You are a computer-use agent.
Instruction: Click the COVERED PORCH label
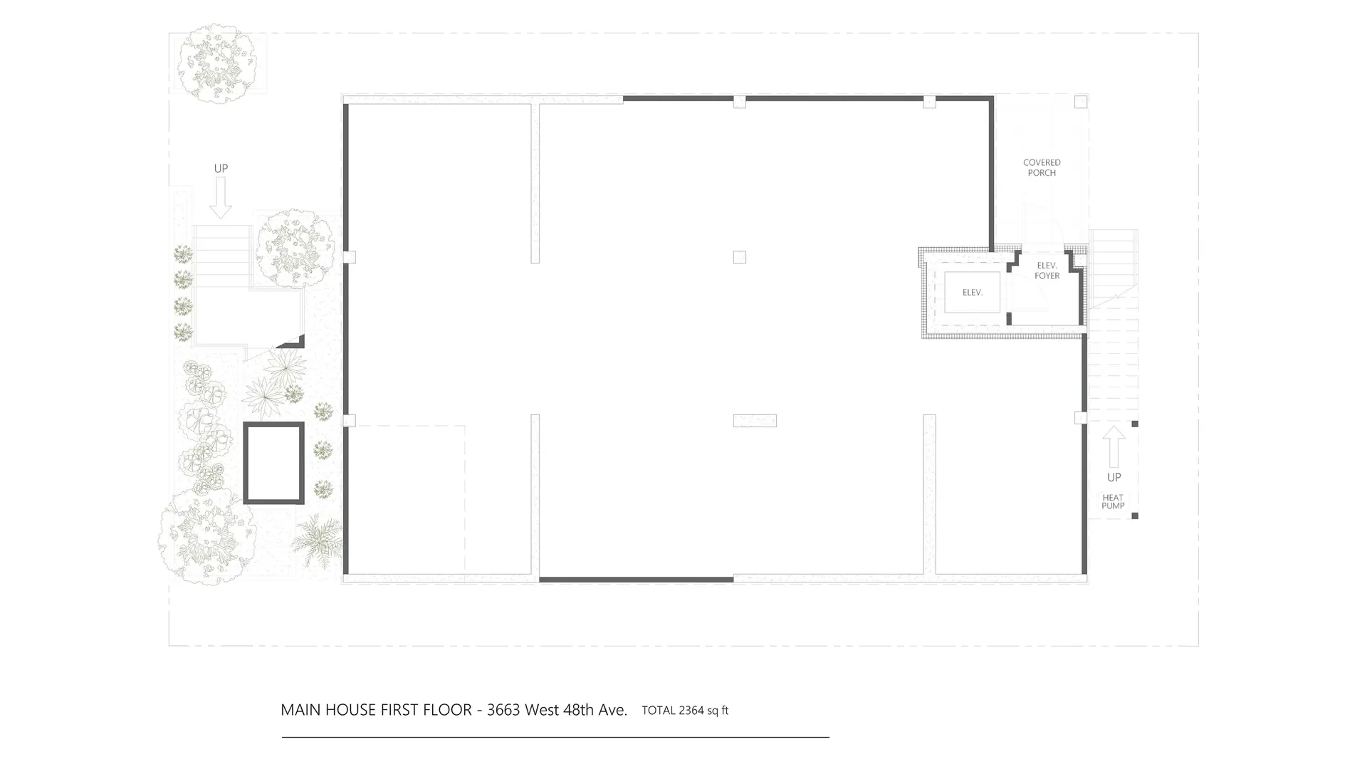click(x=1042, y=168)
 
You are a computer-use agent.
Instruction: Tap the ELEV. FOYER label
click(x=1047, y=271)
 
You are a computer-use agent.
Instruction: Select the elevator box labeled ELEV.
click(x=972, y=292)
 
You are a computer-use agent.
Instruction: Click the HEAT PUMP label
click(x=1113, y=502)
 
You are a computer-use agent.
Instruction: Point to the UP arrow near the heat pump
click(x=1114, y=446)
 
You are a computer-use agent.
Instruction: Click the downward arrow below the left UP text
click(x=221, y=197)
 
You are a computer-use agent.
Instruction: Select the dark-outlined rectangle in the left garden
click(x=274, y=463)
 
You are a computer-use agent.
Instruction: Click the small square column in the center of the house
click(x=739, y=257)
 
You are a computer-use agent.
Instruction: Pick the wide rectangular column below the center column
click(x=755, y=421)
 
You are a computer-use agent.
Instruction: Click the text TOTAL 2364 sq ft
click(x=685, y=710)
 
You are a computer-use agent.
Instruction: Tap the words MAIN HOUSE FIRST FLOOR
click(x=376, y=710)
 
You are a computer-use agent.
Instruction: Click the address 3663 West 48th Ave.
click(x=557, y=710)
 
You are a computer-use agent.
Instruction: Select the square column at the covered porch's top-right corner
click(x=1080, y=102)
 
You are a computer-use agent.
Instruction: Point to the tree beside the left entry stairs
click(x=295, y=249)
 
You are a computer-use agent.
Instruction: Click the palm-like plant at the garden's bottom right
click(x=318, y=538)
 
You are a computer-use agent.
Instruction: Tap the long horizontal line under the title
click(x=555, y=737)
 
